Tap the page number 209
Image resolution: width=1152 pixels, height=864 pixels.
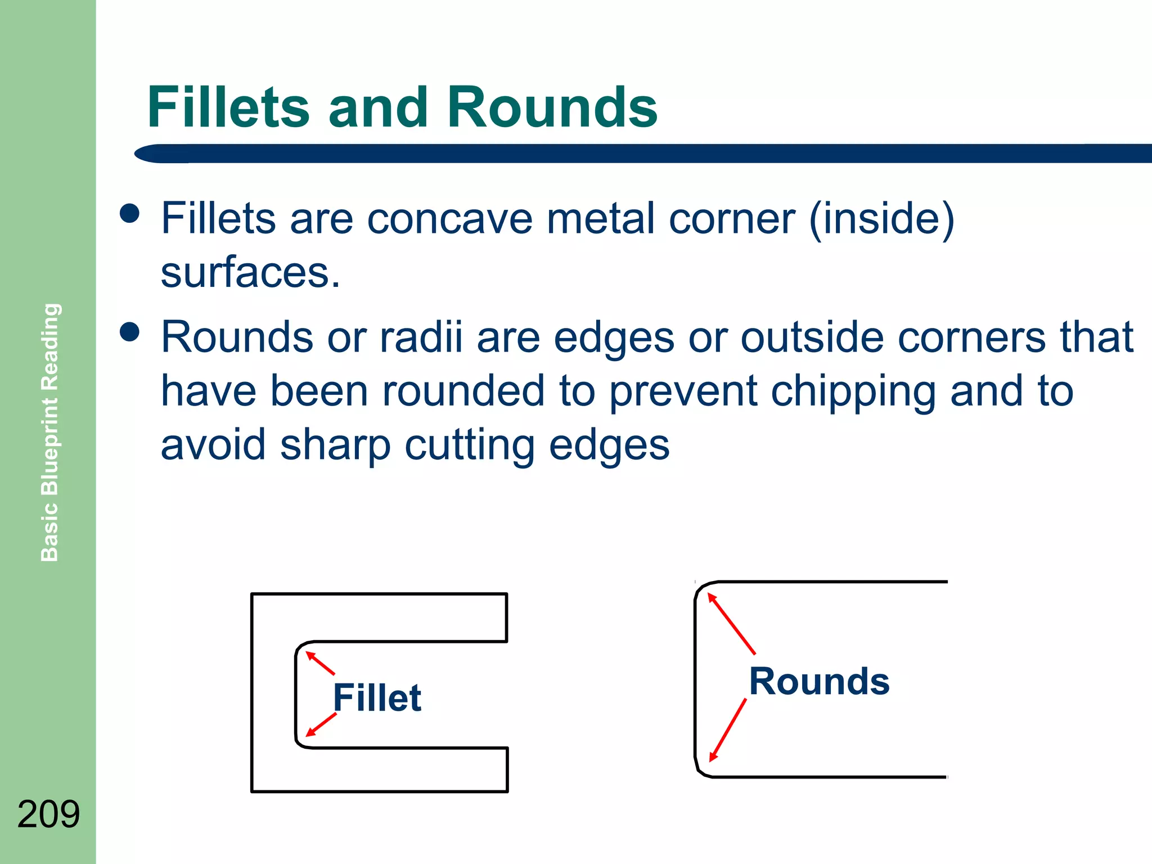(x=49, y=814)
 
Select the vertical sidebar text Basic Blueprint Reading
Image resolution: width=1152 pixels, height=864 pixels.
(x=49, y=432)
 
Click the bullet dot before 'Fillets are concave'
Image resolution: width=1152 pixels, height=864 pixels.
(x=130, y=213)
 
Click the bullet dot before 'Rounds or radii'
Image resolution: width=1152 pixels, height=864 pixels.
(x=130, y=331)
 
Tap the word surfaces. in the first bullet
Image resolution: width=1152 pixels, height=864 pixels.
(x=250, y=272)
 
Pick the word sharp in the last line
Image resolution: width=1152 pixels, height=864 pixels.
(x=335, y=444)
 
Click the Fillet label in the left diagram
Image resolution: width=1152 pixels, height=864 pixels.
(x=377, y=697)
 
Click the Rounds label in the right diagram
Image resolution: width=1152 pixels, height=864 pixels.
(x=819, y=681)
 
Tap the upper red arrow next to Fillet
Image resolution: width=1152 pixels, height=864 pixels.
(x=320, y=663)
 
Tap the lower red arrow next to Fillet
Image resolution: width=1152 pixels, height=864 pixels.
(x=321, y=724)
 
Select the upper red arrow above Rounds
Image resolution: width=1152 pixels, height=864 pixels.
(x=731, y=623)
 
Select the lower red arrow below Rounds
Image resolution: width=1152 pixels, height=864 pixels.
(x=728, y=730)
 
